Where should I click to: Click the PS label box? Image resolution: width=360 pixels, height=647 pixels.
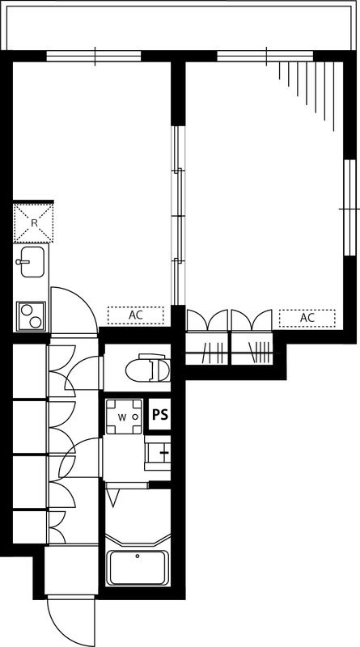point(159,415)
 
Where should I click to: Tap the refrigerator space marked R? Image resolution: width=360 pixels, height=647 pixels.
point(33,223)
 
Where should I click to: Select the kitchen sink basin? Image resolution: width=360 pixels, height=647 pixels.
point(32,261)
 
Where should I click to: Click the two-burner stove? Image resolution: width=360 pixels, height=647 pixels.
point(31,316)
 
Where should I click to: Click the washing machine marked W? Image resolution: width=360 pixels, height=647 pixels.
point(125,417)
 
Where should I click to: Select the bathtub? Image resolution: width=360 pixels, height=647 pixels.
point(138,568)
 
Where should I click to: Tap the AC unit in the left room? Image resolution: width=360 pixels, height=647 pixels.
point(135,315)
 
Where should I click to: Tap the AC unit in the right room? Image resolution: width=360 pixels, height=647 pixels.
point(307,318)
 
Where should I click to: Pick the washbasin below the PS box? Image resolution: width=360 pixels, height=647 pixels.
point(157,453)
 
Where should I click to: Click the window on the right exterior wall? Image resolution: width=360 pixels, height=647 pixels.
point(349,208)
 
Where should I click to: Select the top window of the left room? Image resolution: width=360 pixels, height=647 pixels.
point(94,56)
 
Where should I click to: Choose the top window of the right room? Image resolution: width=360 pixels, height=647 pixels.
point(265,56)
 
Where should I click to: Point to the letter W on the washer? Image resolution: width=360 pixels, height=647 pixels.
point(122,417)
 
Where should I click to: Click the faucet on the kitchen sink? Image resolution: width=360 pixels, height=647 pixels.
point(23,261)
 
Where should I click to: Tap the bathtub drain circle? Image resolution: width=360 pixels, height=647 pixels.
point(138,556)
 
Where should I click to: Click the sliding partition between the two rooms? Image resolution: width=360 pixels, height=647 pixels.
point(178,215)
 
